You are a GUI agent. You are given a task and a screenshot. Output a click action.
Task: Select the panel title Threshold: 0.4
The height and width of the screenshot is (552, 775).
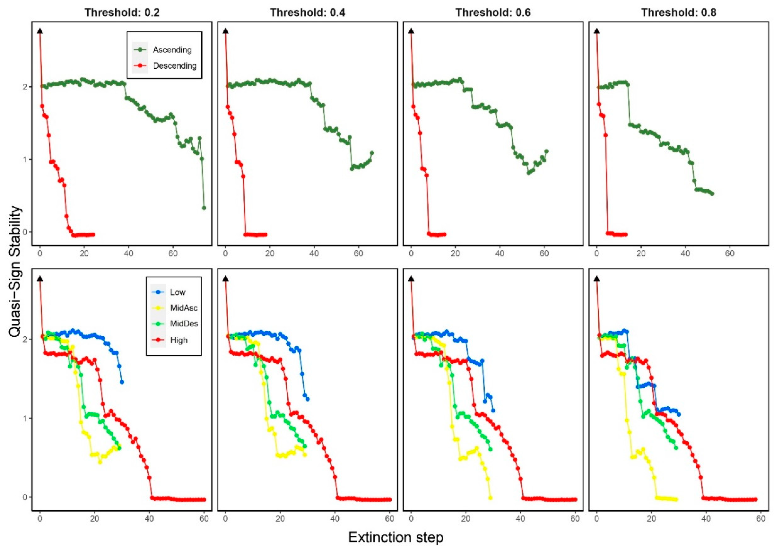(x=307, y=13)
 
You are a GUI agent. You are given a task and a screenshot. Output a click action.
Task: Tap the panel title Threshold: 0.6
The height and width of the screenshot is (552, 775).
(x=493, y=13)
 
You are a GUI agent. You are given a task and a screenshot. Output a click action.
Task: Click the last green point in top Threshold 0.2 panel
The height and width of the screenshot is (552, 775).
(x=204, y=208)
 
